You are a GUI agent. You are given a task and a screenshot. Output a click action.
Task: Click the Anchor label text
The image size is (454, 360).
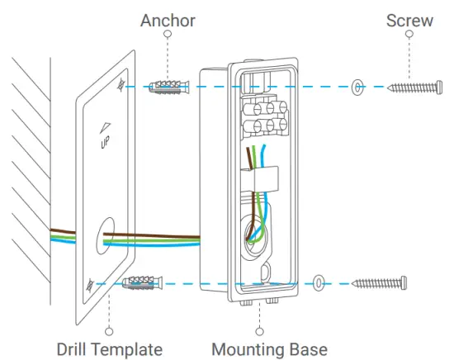coord(168,18)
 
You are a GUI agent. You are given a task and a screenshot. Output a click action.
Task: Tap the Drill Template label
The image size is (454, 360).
coord(110,348)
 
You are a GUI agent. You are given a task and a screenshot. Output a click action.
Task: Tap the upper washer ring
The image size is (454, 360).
coord(357,85)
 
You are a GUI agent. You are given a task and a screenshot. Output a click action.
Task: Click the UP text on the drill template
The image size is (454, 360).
coord(104,143)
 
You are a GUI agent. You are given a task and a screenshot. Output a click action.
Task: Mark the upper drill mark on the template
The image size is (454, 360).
coord(123,84)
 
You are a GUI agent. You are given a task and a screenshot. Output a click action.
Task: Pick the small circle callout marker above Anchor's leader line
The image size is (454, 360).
coord(168,35)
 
